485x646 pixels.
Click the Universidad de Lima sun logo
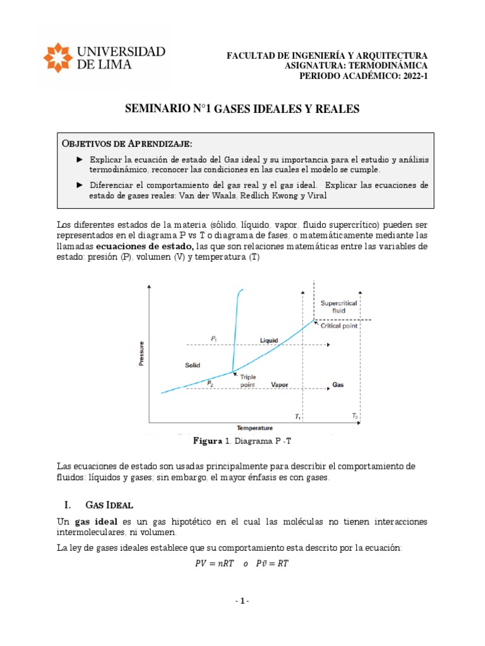tap(58, 58)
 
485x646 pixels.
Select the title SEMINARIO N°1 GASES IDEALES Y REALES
tap(242, 109)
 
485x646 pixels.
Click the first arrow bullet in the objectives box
tap(79, 160)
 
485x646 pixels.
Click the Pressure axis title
tap(142, 353)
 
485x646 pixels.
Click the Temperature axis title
tap(254, 427)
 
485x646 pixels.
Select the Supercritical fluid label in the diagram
tap(338, 307)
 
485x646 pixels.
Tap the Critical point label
tap(339, 326)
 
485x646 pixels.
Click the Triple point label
tap(248, 380)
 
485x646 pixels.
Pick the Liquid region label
tap(269, 340)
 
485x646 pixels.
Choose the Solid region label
tap(193, 365)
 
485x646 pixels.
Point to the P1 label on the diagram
tap(214, 339)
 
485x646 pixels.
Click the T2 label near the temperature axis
tap(355, 416)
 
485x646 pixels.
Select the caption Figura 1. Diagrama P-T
tap(242, 441)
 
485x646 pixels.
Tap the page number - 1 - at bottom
tap(242, 601)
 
